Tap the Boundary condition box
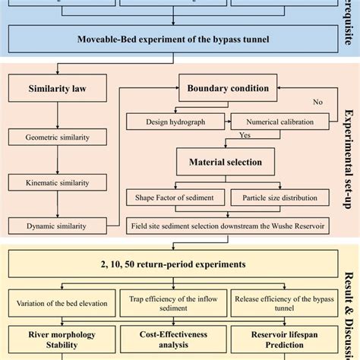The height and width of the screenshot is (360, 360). point(228,87)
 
